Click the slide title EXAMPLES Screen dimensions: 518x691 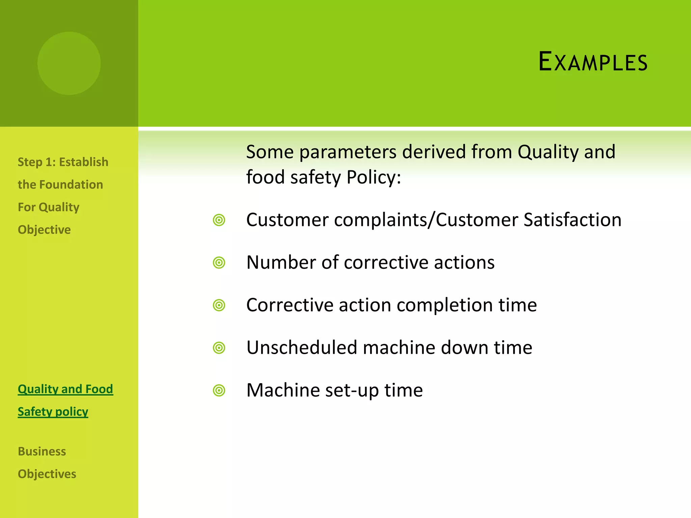(593, 62)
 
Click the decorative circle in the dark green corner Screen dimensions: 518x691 (69, 63)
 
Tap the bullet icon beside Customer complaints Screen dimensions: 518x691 (219, 220)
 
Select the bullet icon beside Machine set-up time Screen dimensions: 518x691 (219, 391)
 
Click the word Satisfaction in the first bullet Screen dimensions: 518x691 (572, 220)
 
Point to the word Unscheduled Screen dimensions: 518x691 (302, 348)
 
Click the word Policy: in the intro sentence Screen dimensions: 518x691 (374, 177)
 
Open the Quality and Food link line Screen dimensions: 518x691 (65, 389)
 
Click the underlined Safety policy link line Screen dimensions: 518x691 (53, 412)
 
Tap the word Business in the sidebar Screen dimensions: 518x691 (42, 452)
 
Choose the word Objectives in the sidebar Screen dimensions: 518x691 (47, 474)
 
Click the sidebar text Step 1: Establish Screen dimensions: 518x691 (63, 162)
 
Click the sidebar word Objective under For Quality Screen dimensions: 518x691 (44, 230)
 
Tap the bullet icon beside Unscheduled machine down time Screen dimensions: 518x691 (219, 348)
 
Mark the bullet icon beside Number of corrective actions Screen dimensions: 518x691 (219, 262)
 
